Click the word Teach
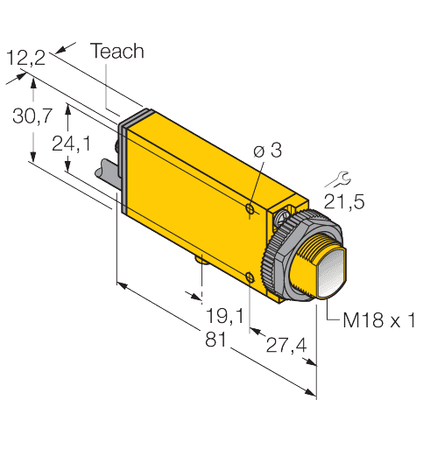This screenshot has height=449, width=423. click(x=117, y=52)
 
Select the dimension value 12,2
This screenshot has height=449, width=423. click(x=26, y=59)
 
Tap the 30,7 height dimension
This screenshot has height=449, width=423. click(x=26, y=115)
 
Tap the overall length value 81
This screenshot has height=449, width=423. click(x=214, y=340)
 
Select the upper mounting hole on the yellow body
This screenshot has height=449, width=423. click(x=250, y=210)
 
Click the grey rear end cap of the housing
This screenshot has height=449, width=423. click(x=123, y=166)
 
